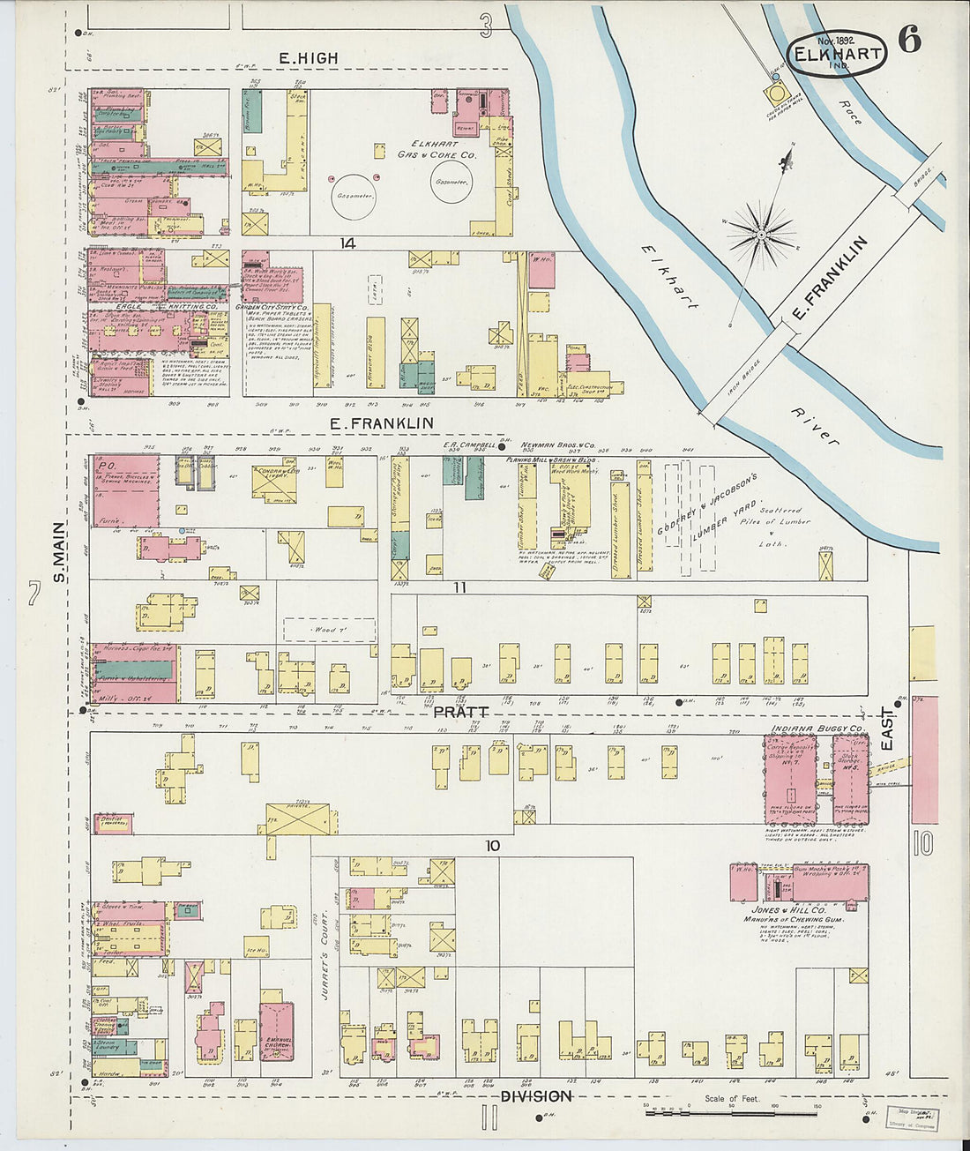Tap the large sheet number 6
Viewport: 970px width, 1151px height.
[909, 40]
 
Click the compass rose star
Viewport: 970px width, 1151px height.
[761, 234]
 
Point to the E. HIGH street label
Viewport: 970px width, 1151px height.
[308, 58]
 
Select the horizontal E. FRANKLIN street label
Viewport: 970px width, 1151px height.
[381, 423]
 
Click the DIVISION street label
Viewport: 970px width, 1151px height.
[536, 1095]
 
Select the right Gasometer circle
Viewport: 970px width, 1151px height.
[450, 183]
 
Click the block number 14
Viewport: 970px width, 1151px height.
[347, 243]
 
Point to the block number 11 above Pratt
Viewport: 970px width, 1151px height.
[459, 587]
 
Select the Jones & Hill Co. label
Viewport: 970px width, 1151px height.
[788, 908]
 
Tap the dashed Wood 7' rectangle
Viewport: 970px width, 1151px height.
[329, 630]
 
